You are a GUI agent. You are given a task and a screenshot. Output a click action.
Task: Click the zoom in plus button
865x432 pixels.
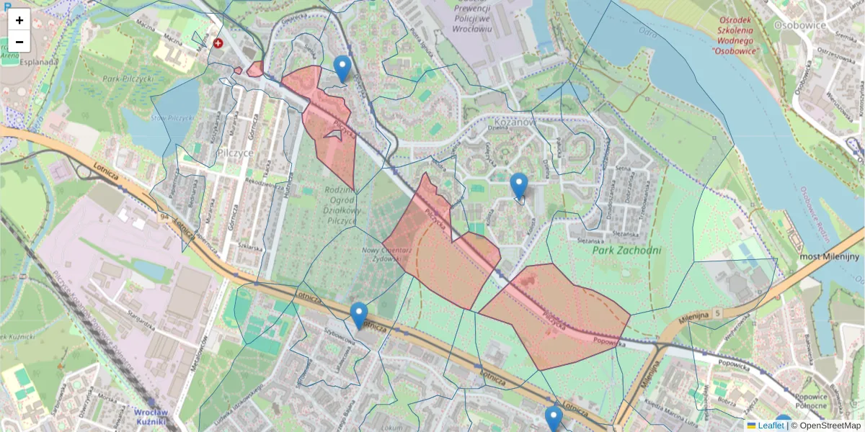pos(19,20)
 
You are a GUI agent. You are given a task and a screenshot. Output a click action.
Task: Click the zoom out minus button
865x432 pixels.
pos(19,42)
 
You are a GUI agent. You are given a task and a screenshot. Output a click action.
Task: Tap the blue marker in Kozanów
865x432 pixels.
pos(518,186)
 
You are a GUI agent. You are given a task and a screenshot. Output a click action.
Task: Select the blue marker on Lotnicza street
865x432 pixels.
pos(358,315)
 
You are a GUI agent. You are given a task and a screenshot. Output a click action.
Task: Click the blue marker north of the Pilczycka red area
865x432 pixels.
pos(342,69)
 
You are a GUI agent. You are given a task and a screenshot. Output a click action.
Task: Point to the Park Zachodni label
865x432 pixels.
pos(626,251)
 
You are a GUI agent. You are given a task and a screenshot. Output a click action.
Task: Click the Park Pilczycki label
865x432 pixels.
pos(128,78)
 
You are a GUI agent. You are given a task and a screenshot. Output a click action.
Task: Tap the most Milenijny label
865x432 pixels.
pos(830,256)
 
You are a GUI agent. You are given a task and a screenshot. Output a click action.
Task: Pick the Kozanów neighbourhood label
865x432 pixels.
pos(513,122)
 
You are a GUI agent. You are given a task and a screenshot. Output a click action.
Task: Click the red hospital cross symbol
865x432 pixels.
pos(218,43)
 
